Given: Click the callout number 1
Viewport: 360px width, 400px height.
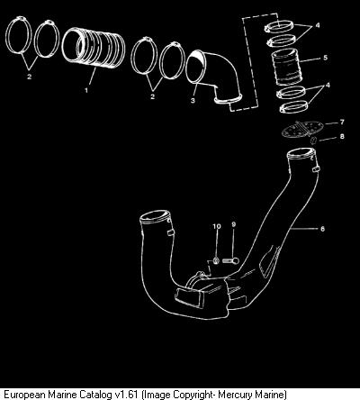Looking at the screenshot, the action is click(x=86, y=90).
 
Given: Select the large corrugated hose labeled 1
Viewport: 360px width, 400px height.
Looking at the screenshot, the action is click(x=94, y=48).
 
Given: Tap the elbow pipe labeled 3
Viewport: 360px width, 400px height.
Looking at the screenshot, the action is click(x=214, y=77).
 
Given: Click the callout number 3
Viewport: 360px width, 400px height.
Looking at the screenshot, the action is click(x=193, y=100).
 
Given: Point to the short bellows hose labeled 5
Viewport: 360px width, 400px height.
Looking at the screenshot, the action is click(x=286, y=68).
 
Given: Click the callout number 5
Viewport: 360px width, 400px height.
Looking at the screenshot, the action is click(x=326, y=58).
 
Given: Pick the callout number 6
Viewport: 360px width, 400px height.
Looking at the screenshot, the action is click(x=322, y=229).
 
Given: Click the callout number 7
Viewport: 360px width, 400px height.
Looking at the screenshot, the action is click(x=342, y=123).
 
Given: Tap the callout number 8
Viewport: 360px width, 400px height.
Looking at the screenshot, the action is click(x=342, y=137).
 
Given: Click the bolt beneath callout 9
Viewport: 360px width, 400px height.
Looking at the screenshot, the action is click(x=231, y=260).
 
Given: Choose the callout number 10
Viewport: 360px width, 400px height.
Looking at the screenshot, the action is click(x=217, y=226).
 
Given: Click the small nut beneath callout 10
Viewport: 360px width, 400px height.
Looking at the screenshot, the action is click(x=215, y=261).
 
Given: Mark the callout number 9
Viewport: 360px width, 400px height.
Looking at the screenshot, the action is click(x=234, y=224).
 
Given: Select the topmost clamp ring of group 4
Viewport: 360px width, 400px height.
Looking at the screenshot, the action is click(x=279, y=27).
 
